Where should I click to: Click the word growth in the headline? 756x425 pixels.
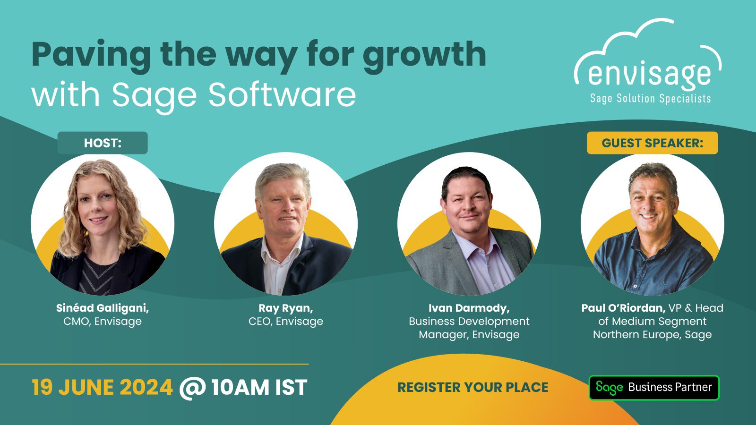(x=425, y=56)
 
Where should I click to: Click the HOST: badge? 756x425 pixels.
(x=103, y=143)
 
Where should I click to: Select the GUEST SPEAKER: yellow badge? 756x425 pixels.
(x=653, y=143)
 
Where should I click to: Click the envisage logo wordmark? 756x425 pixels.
(x=650, y=74)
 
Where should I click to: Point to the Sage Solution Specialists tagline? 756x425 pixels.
(x=650, y=99)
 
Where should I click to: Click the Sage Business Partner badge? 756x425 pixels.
(x=654, y=388)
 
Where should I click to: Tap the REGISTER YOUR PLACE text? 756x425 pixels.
(x=473, y=387)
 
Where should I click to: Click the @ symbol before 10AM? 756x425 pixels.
(x=192, y=388)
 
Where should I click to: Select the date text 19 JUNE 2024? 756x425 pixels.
(x=102, y=387)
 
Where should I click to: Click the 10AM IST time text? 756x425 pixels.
(x=259, y=387)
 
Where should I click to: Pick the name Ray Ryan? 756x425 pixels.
(x=285, y=308)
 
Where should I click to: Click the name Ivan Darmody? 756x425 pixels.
(x=469, y=308)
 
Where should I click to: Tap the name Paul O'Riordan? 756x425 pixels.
(x=623, y=308)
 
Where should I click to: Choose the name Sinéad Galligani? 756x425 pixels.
(x=103, y=308)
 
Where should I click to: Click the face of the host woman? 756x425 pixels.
(x=97, y=206)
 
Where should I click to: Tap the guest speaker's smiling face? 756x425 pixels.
(x=650, y=203)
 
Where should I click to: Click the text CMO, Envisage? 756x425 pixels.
(x=103, y=322)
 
